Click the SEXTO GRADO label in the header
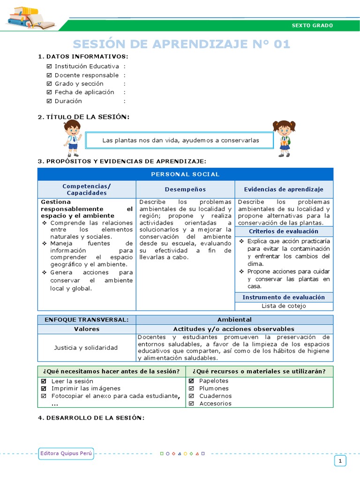(312, 25)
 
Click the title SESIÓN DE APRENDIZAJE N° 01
(181, 44)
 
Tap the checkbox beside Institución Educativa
(49, 67)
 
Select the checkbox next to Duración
(49, 101)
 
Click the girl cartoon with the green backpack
(284, 138)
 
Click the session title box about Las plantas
(181, 140)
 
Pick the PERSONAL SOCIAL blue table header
(185, 174)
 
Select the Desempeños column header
(185, 189)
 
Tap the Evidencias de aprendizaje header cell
(284, 189)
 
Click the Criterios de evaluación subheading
(284, 232)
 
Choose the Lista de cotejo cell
(284, 306)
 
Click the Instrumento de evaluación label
(284, 297)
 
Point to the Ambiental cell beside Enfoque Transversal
(234, 319)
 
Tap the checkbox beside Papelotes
(191, 381)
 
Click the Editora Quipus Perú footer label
(66, 453)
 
